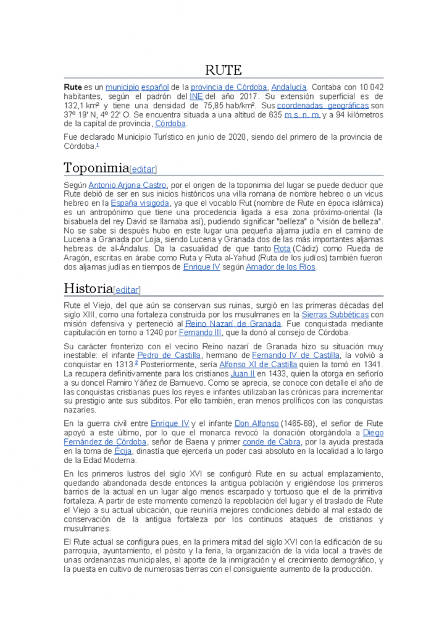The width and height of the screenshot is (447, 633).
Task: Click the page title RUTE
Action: click(x=223, y=70)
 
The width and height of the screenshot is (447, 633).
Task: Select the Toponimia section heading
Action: click(x=96, y=168)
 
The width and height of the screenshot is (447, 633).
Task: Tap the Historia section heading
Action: click(x=88, y=288)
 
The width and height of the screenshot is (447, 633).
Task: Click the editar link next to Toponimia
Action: click(x=143, y=169)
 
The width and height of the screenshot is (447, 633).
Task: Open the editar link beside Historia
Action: click(x=127, y=290)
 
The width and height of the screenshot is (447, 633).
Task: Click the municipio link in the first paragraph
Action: click(x=122, y=87)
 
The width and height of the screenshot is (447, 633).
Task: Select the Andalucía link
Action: click(x=288, y=87)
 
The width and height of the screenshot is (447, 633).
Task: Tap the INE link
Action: click(x=196, y=96)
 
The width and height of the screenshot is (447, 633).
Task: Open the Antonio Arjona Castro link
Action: click(x=128, y=185)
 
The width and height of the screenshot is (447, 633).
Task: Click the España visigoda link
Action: click(x=140, y=203)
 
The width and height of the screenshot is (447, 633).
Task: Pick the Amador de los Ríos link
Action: click(x=280, y=267)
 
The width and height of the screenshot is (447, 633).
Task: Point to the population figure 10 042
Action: click(x=367, y=87)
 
